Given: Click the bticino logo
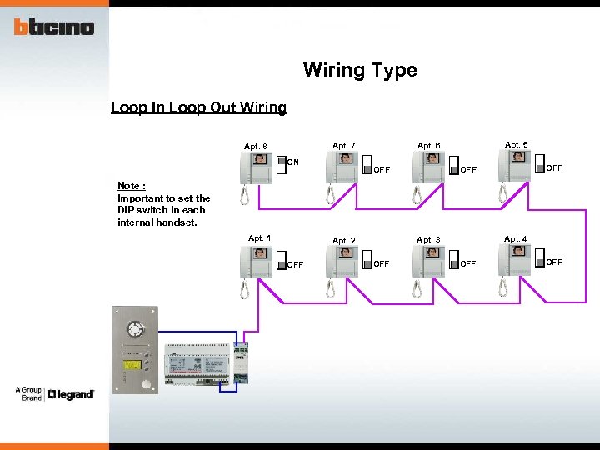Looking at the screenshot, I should coord(53,27).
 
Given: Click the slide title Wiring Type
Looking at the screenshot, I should coord(360,70).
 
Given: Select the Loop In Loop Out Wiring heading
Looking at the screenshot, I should coord(198,107).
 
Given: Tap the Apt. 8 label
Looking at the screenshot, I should coord(256,147).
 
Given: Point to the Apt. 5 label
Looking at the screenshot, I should coord(516,144).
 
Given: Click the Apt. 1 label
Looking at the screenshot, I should coord(259,238).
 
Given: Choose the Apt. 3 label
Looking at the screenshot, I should coord(428,240).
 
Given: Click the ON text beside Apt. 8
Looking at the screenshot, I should coord(293,162).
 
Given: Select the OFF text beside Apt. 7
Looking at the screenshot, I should coord(382,170).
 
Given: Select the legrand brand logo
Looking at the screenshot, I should coord(71,394).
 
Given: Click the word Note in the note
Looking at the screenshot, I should coord(130,186).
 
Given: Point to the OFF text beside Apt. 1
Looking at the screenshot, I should coord(295,265).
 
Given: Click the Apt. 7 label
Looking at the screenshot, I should coord(344,146).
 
